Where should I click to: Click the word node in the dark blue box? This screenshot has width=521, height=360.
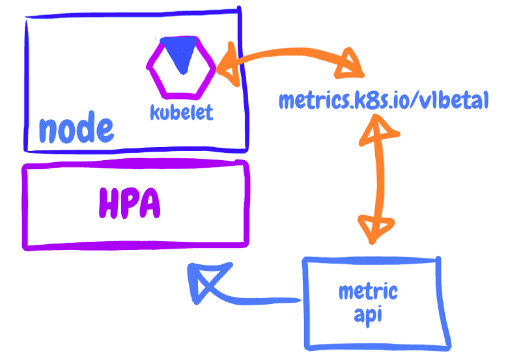pos(76,129)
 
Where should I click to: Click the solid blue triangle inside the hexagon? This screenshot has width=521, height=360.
pos(180,52)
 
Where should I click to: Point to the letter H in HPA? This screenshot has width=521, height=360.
pos(109,204)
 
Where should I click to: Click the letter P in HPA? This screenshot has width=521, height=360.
pos(130,204)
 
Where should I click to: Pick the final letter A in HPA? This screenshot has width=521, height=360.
pos(150,204)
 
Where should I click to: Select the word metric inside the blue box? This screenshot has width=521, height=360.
pos(367,291)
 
